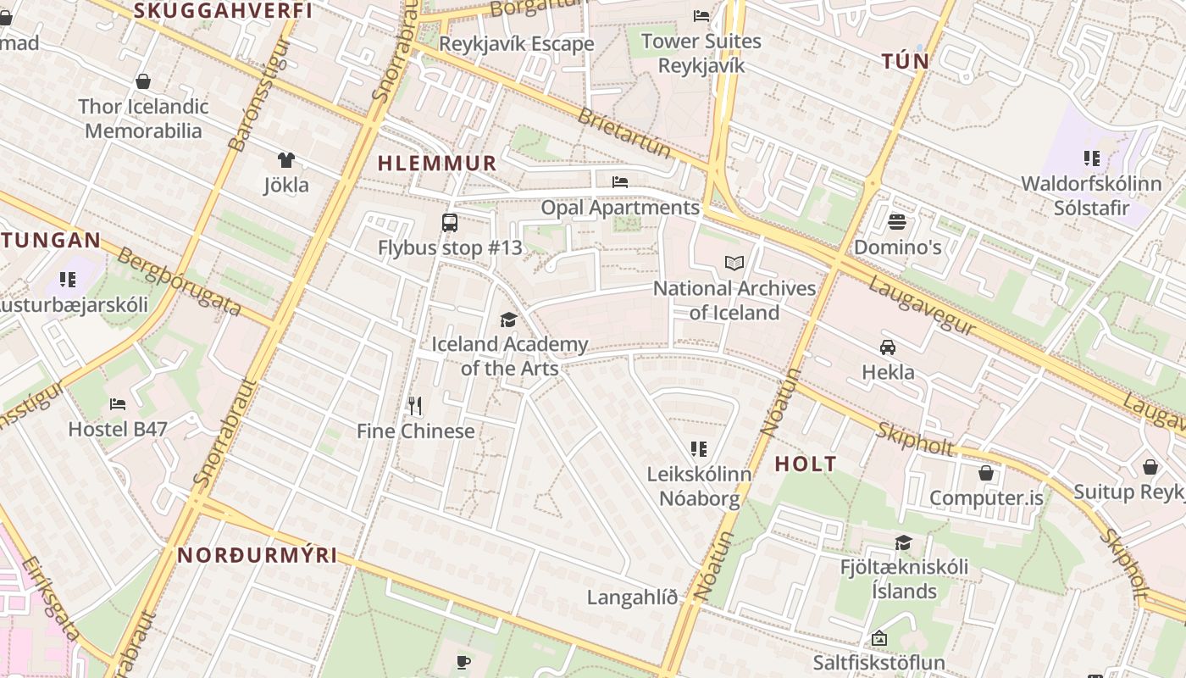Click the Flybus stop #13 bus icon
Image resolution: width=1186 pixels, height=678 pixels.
[x=450, y=223]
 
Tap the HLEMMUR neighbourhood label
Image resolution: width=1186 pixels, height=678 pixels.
[x=436, y=164]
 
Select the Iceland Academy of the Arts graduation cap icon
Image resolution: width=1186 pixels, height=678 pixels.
[x=508, y=320]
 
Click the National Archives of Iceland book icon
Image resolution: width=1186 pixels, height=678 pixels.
[x=734, y=264]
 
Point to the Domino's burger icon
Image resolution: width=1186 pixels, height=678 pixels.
[x=897, y=222]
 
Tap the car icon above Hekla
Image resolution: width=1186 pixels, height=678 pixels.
[x=888, y=347]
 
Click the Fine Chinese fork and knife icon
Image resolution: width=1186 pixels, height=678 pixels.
[x=415, y=406]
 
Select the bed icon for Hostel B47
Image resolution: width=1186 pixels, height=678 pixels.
[x=118, y=404]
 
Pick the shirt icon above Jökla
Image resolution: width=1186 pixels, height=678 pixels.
[x=285, y=160]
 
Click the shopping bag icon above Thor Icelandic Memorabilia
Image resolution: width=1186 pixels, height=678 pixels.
[x=143, y=81]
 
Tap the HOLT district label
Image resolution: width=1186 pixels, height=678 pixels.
[x=806, y=464]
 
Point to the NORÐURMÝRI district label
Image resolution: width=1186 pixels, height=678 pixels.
[x=258, y=556]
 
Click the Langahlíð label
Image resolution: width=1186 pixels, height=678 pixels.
[x=633, y=597]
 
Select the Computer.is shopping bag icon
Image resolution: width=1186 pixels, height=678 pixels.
[x=985, y=473]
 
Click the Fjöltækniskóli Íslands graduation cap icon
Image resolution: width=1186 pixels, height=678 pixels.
[x=904, y=542]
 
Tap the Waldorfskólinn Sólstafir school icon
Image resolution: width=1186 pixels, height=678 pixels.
[x=1091, y=158]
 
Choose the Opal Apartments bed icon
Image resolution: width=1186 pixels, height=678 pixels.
[x=620, y=182]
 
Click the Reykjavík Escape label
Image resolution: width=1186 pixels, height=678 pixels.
[x=517, y=44]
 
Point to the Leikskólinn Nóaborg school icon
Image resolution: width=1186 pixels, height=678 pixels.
[x=699, y=449]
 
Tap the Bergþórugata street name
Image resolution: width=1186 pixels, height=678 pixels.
[x=180, y=282]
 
